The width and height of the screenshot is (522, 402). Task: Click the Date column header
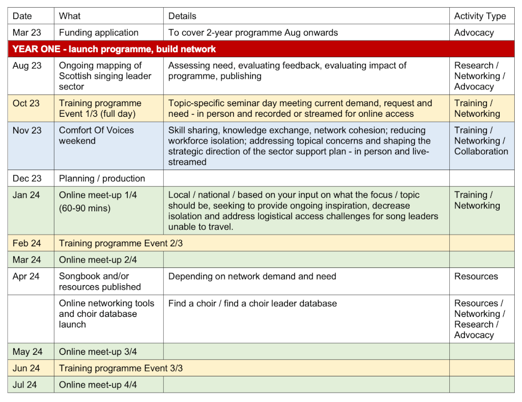point(23,16)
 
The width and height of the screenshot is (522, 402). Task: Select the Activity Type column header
point(480,16)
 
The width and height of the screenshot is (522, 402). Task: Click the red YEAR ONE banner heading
point(114,49)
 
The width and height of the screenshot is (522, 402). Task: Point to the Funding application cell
point(99,33)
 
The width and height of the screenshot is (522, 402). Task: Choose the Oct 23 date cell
point(27,103)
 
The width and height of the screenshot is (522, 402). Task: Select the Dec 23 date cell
point(27,178)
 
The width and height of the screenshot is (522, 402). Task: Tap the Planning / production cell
point(102,178)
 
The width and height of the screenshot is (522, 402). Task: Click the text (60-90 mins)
point(85,209)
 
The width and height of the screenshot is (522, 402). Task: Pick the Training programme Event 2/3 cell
point(121,243)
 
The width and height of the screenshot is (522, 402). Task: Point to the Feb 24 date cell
point(27,243)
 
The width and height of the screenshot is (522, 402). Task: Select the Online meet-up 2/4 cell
point(98,260)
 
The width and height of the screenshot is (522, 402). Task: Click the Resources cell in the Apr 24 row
point(476,276)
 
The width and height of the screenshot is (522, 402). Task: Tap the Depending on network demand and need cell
point(252,276)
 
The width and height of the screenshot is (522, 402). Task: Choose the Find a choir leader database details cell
point(252,304)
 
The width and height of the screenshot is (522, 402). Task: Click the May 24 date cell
point(27,351)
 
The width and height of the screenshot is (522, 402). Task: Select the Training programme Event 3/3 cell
point(121,368)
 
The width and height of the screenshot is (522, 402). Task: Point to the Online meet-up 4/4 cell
point(98,385)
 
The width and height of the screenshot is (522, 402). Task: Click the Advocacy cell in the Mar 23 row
point(474,33)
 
